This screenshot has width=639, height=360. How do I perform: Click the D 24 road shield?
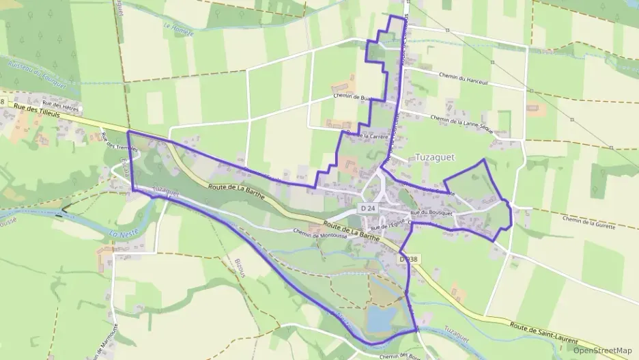tap(367, 208)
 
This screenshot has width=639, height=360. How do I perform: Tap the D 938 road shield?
tap(408, 260)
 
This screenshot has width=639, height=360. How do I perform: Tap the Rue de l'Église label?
tap(388, 223)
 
